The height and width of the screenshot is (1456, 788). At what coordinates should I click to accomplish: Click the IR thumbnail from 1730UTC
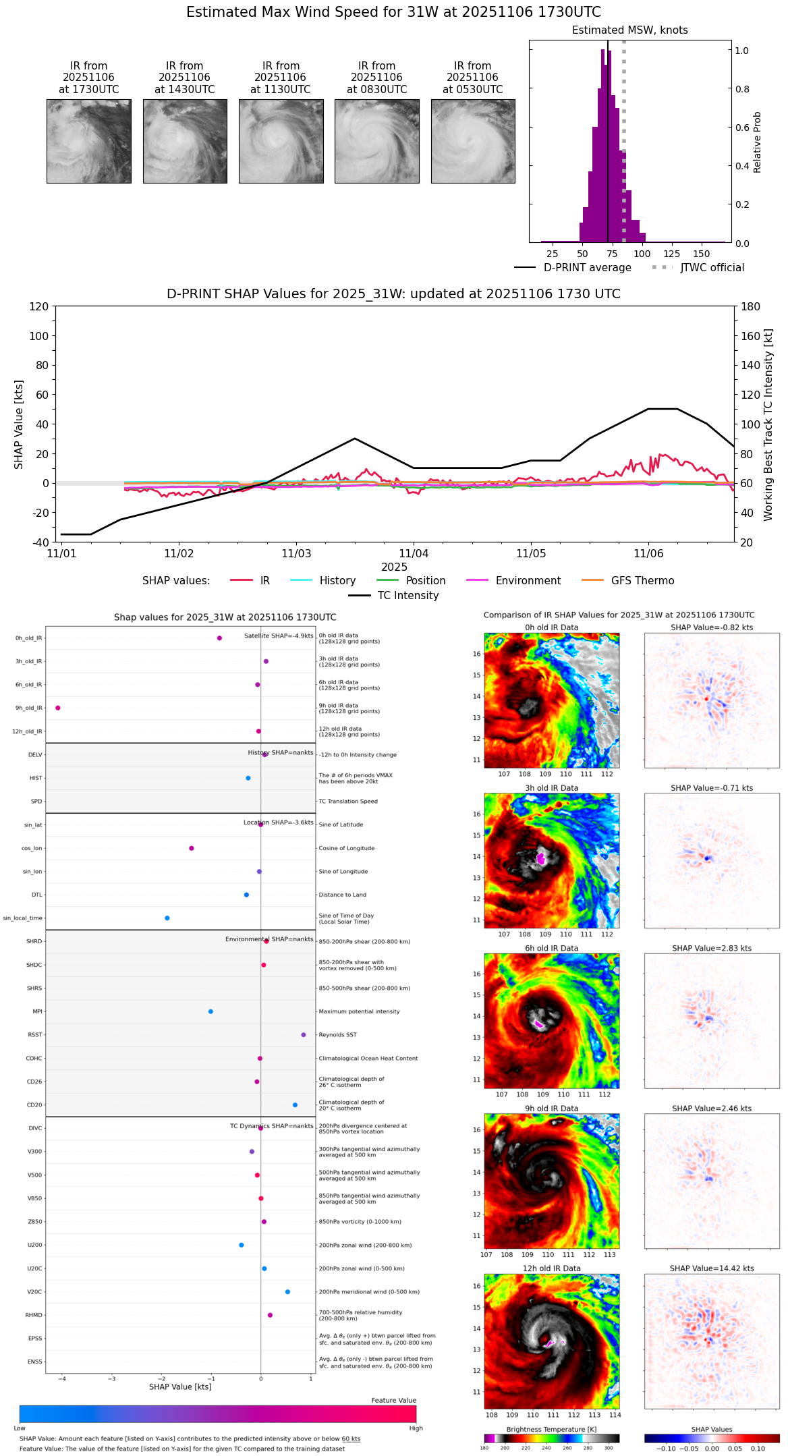89,141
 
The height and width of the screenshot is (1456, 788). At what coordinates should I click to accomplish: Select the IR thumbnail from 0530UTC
473,141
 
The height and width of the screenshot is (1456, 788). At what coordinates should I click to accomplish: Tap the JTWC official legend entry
712,268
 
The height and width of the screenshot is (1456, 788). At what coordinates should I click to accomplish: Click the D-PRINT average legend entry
587,268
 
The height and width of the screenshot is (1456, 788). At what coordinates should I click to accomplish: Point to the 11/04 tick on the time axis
414,553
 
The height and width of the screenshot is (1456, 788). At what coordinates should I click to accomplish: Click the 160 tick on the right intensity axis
751,336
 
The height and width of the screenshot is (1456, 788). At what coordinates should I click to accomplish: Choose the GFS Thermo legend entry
642,581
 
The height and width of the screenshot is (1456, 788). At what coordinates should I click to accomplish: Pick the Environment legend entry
528,581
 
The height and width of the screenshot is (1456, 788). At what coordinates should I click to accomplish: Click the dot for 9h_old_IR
58,708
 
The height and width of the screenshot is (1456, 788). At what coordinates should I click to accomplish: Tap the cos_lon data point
192,848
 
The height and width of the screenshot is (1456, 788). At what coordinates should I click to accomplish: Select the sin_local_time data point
167,918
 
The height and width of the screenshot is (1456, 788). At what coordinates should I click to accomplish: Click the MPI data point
211,1011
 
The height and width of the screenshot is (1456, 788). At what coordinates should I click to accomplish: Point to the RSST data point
304,1035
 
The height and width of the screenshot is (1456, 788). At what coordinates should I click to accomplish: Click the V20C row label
34,1292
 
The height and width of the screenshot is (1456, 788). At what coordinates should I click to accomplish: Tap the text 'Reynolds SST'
338,1035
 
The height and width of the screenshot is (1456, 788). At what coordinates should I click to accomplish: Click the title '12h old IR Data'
551,1268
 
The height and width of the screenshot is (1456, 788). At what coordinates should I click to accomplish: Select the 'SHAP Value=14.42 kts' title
712,1268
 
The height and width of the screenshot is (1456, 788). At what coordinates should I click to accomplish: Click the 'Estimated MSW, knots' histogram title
630,30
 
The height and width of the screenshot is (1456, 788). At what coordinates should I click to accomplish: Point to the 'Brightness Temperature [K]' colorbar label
551,1429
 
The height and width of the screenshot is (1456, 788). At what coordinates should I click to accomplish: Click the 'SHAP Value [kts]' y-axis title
19,424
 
